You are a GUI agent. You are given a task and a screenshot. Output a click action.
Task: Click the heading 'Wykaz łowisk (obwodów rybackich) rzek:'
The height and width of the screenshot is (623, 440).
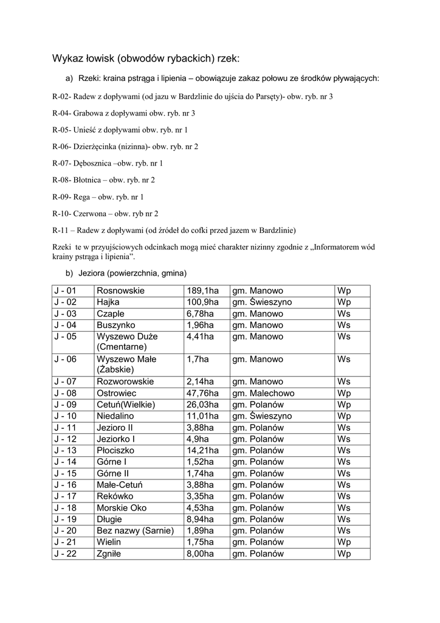point(146,59)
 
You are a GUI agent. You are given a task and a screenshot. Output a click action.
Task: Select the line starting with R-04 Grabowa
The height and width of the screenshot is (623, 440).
point(124,113)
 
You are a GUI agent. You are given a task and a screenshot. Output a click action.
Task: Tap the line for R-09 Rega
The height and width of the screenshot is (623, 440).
point(98,197)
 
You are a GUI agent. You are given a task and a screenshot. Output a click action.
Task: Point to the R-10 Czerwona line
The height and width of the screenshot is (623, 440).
point(106,214)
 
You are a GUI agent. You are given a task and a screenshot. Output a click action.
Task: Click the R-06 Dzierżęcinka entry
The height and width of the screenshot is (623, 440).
point(126,147)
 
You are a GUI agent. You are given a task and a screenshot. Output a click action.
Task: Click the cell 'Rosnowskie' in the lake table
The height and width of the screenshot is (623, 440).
point(120,291)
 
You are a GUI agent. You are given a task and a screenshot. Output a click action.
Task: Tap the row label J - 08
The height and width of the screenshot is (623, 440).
point(65,393)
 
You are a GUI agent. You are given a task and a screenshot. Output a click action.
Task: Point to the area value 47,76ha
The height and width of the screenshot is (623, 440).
point(202,393)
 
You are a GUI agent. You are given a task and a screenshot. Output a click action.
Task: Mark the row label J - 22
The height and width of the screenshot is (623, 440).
point(65,554)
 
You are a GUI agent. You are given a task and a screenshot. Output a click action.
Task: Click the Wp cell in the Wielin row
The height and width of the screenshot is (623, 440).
point(345,542)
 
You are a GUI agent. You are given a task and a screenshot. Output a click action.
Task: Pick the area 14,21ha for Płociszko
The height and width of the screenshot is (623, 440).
point(202,451)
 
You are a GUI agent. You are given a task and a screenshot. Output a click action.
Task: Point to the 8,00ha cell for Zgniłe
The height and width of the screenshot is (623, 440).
point(201,554)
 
